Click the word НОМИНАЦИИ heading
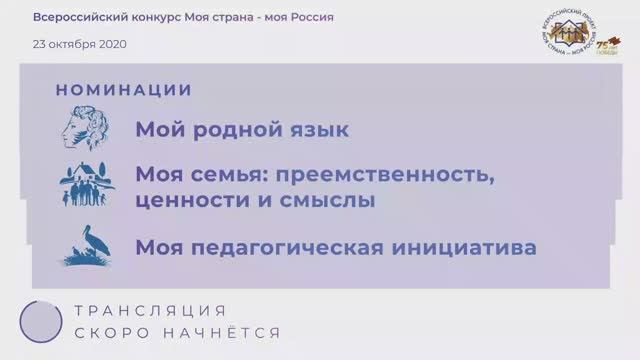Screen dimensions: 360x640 (124, 90)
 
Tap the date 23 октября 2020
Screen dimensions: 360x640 (80, 44)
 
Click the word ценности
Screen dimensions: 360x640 (186, 200)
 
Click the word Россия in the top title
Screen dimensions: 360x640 (309, 17)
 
